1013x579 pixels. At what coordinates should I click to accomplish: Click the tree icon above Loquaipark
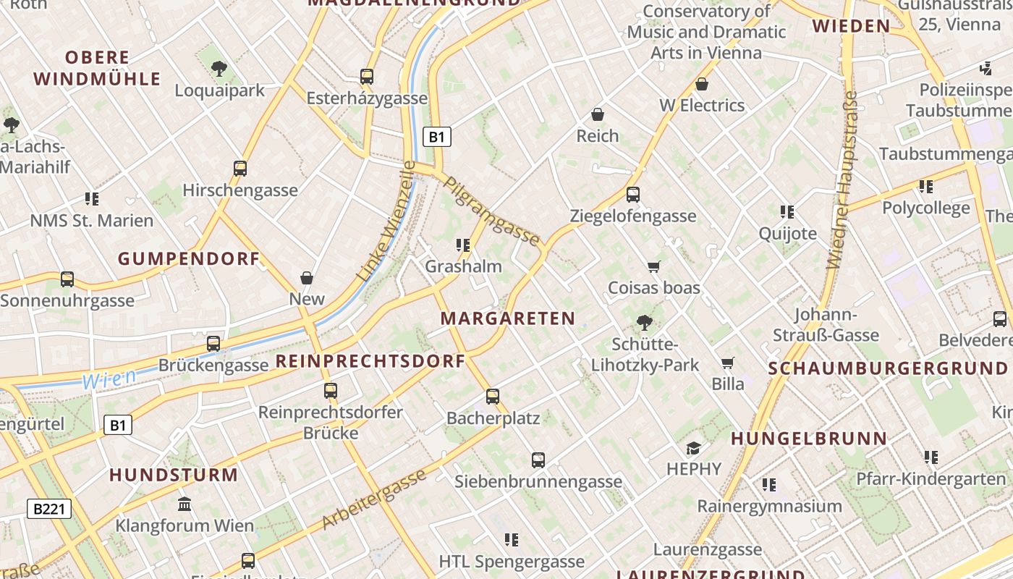point(219,69)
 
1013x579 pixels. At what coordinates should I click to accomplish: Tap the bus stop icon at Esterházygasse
point(367,76)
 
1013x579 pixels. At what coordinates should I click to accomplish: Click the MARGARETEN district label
point(508,318)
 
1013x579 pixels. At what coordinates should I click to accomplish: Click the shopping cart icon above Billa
point(727,362)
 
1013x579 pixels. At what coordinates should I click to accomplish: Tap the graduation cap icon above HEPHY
point(694,448)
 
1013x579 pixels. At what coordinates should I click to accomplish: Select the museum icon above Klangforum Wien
point(185,504)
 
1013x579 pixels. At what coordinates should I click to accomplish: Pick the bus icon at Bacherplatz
point(493,396)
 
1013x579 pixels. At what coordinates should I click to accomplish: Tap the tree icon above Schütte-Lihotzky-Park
point(644,322)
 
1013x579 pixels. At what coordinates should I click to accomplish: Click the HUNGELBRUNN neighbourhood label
point(809,439)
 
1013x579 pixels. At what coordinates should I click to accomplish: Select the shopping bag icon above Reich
point(598,114)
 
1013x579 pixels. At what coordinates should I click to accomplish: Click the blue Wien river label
point(109,379)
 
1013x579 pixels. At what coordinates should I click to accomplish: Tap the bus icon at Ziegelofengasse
point(633,194)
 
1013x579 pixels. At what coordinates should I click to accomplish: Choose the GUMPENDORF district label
point(189,259)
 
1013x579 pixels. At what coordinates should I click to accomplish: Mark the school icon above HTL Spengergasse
point(512,539)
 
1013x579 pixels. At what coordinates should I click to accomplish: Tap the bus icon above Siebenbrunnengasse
point(538,460)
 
